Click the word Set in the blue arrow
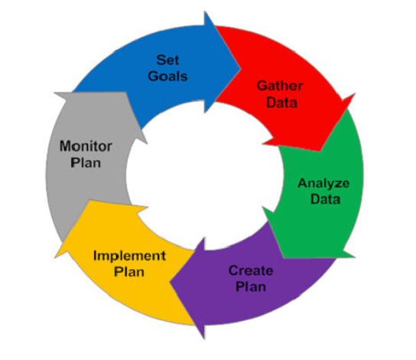coord(167,60)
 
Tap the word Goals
coord(167,76)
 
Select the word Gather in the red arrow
coord(280,86)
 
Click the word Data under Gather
coord(281,102)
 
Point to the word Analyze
coord(323,183)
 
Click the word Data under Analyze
coord(325,199)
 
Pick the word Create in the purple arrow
coord(251,271)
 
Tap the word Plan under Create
coord(251,287)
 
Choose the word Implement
coord(129,256)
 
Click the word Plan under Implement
coord(129,272)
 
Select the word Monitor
coord(86,146)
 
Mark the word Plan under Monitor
coord(86,163)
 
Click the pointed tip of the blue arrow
coord(241,69)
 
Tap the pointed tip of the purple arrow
coord(170,282)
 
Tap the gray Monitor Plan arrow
coord(87,159)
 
